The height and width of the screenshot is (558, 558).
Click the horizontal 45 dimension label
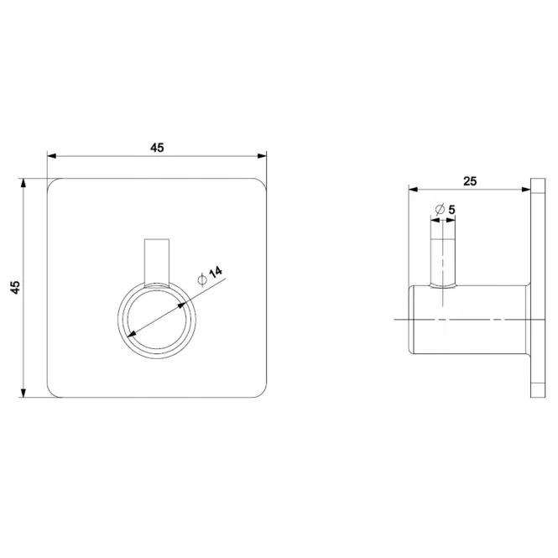[157, 148]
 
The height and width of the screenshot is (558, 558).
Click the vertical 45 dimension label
[16, 287]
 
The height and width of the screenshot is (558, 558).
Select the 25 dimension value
[470, 181]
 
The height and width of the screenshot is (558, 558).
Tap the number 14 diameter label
[216, 272]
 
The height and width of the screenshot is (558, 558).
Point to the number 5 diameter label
[451, 210]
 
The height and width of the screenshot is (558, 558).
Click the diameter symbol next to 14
[202, 280]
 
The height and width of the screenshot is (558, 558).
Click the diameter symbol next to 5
[441, 209]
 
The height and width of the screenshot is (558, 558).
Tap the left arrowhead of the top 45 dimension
[52, 156]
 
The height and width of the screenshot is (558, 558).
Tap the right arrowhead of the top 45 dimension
[262, 156]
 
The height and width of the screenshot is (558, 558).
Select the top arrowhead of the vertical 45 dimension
[23, 183]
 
